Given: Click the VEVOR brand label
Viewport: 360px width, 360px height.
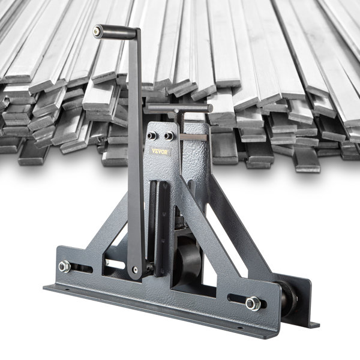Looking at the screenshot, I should pyautogui.click(x=160, y=151).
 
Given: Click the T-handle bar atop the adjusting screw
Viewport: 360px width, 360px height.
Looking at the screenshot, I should pyautogui.click(x=179, y=109).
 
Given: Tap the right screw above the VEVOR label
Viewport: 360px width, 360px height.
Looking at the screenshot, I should pyautogui.click(x=169, y=136).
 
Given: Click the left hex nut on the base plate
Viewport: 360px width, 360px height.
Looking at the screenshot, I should pyautogui.click(x=64, y=266).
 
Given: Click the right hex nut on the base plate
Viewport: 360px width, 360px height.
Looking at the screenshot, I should pyautogui.click(x=253, y=302).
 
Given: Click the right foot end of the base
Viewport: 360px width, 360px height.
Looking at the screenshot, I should pyautogui.click(x=313, y=324).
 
